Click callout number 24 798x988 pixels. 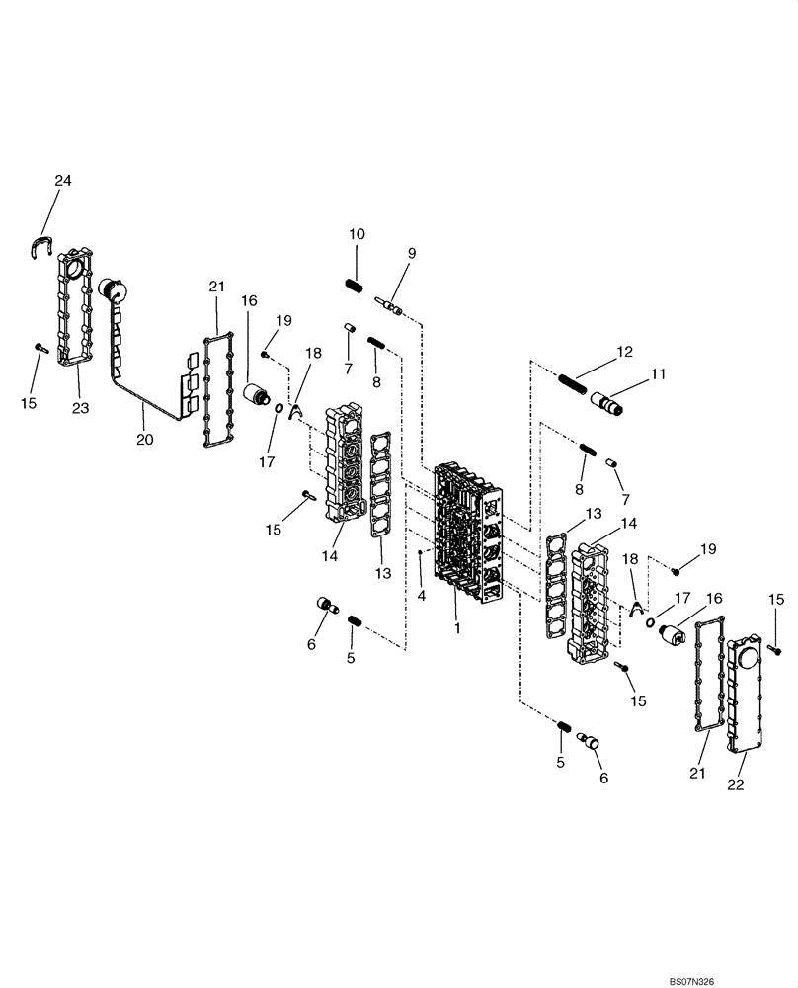point(63,181)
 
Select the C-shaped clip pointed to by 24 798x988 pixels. point(41,246)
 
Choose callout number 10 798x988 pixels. point(357,234)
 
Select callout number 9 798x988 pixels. point(411,253)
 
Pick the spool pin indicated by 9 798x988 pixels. point(392,305)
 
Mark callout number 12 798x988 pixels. point(624,351)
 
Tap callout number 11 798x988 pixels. point(657,374)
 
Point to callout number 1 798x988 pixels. point(456,627)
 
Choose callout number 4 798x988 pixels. point(421,596)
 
